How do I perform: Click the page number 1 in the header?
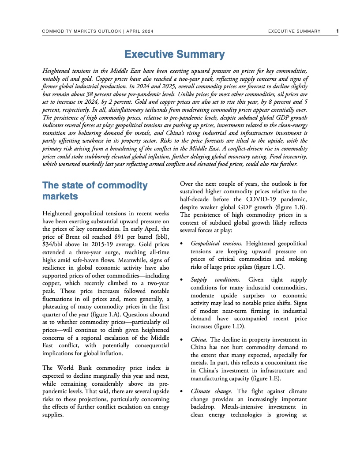(337, 31)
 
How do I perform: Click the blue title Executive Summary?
(174, 54)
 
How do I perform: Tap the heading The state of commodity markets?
(94, 191)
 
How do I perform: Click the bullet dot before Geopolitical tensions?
(183, 244)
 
